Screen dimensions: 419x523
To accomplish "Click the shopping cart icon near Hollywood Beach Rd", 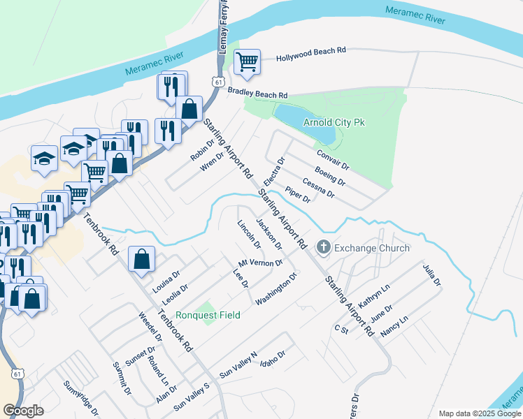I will point(248,61).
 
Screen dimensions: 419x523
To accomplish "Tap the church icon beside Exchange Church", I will point(323,247).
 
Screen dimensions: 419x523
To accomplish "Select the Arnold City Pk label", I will point(334,122).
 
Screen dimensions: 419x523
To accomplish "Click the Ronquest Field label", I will point(208,315).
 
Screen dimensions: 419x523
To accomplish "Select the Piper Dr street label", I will point(298,195).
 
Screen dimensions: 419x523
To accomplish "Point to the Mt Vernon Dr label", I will point(260,263).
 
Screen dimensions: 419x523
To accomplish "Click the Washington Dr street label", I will point(277,288).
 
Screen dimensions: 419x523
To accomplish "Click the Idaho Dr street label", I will point(273,361).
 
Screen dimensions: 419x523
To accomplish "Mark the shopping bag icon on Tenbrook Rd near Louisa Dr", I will point(141,259).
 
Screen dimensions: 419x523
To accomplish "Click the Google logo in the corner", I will point(23,410).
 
